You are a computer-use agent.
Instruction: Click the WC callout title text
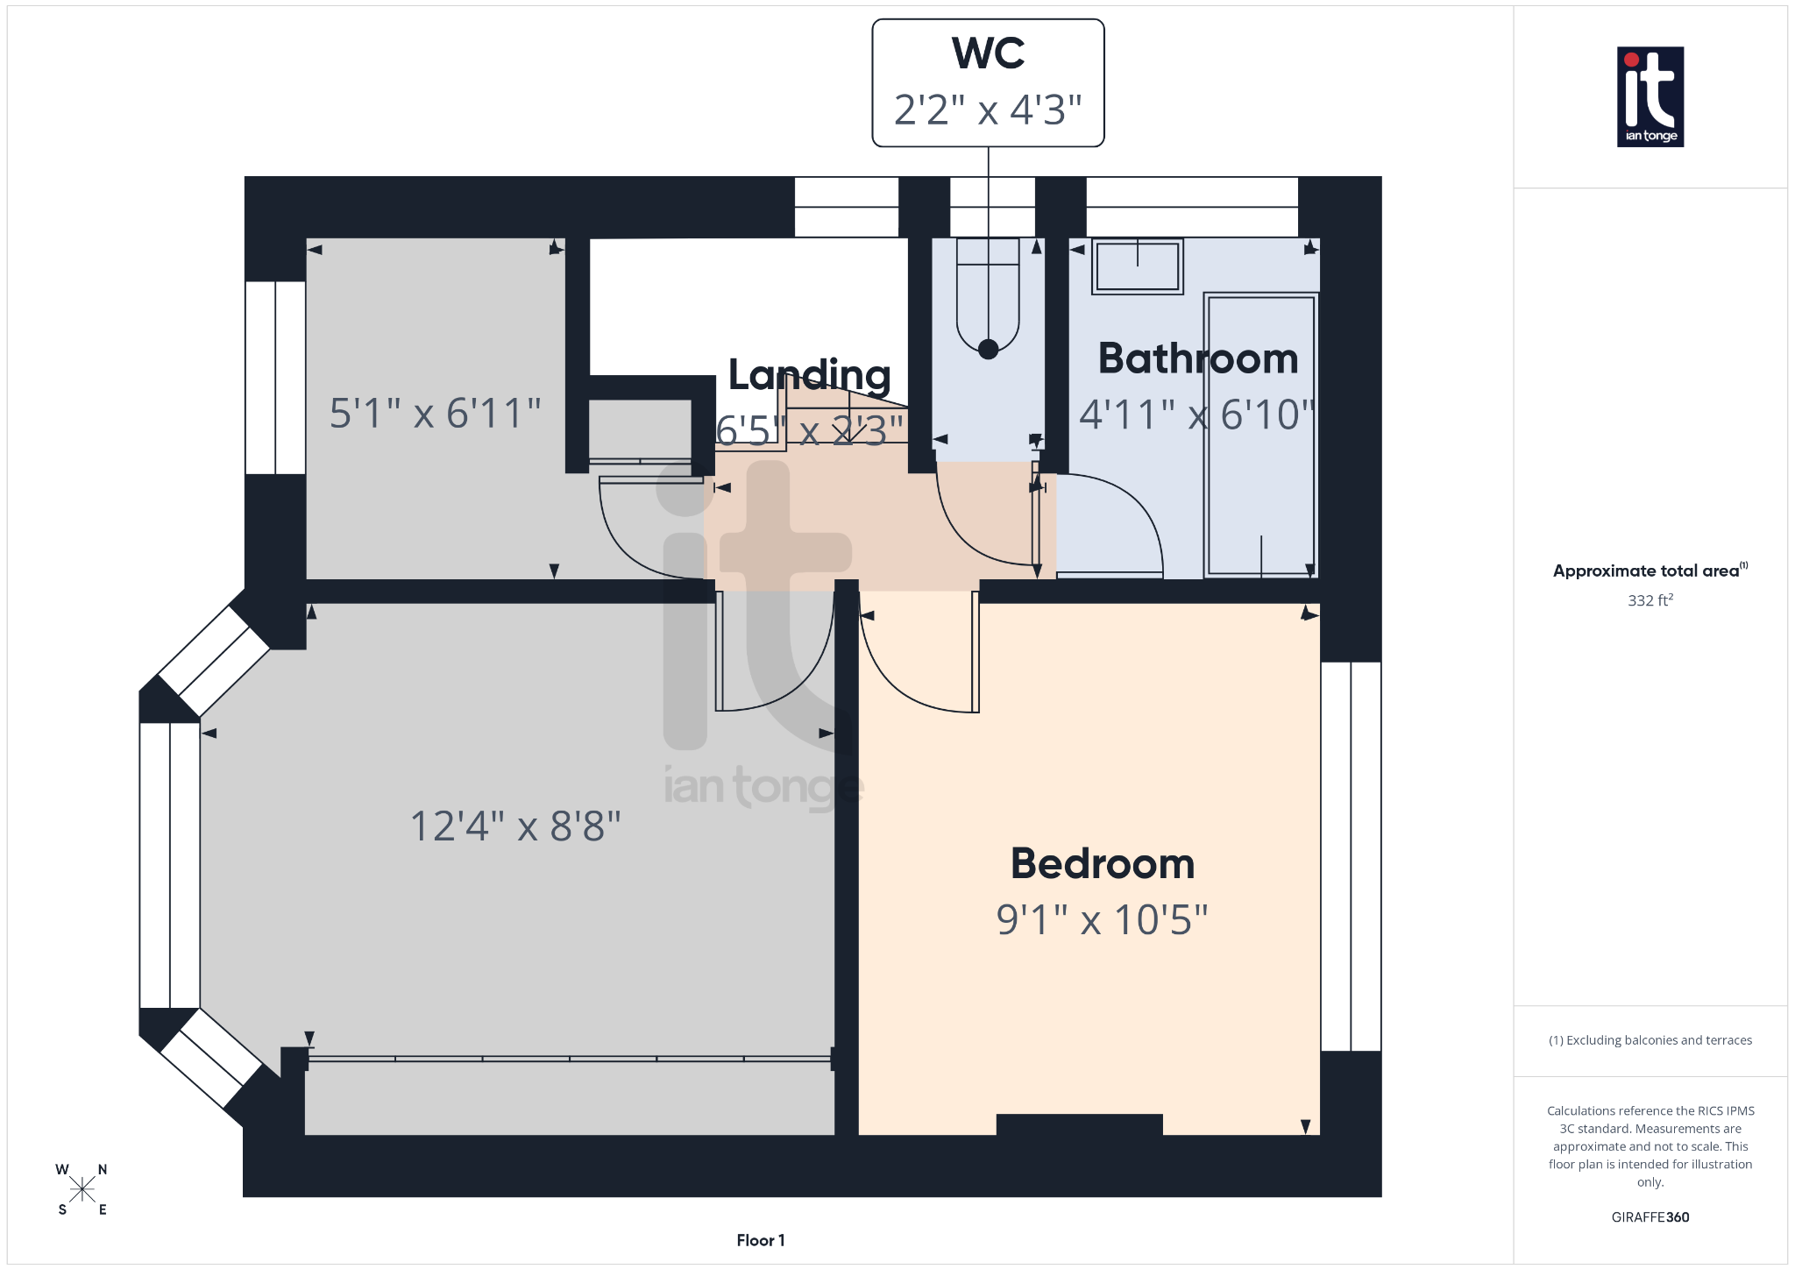pyautogui.click(x=988, y=54)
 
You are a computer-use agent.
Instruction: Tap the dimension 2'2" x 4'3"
pyautogui.click(x=988, y=110)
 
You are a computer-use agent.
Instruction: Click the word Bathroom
pyautogui.click(x=1197, y=359)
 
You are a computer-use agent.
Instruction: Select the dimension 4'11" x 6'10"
pyautogui.click(x=1197, y=415)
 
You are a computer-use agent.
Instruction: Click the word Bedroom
pyautogui.click(x=1103, y=864)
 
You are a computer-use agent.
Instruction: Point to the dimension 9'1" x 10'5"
pyautogui.click(x=1103, y=920)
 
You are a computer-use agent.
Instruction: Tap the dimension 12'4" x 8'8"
pyautogui.click(x=515, y=826)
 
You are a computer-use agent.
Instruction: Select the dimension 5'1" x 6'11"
pyautogui.click(x=435, y=413)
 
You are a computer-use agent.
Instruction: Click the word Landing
pyautogui.click(x=809, y=375)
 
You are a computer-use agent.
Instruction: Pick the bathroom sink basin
pyautogui.click(x=1137, y=266)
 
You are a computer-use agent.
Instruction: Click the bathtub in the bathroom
pyautogui.click(x=1261, y=436)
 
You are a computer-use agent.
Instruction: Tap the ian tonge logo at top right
pyautogui.click(x=1650, y=96)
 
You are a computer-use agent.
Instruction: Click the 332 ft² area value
pyautogui.click(x=1650, y=600)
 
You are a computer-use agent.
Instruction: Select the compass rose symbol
pyautogui.click(x=82, y=1189)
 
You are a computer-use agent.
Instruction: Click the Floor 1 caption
pyautogui.click(x=760, y=1240)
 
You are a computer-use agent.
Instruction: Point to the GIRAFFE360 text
pyautogui.click(x=1650, y=1217)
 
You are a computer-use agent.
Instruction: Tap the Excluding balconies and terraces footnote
pyautogui.click(x=1650, y=1040)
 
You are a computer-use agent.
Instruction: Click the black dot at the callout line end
pyautogui.click(x=988, y=349)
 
